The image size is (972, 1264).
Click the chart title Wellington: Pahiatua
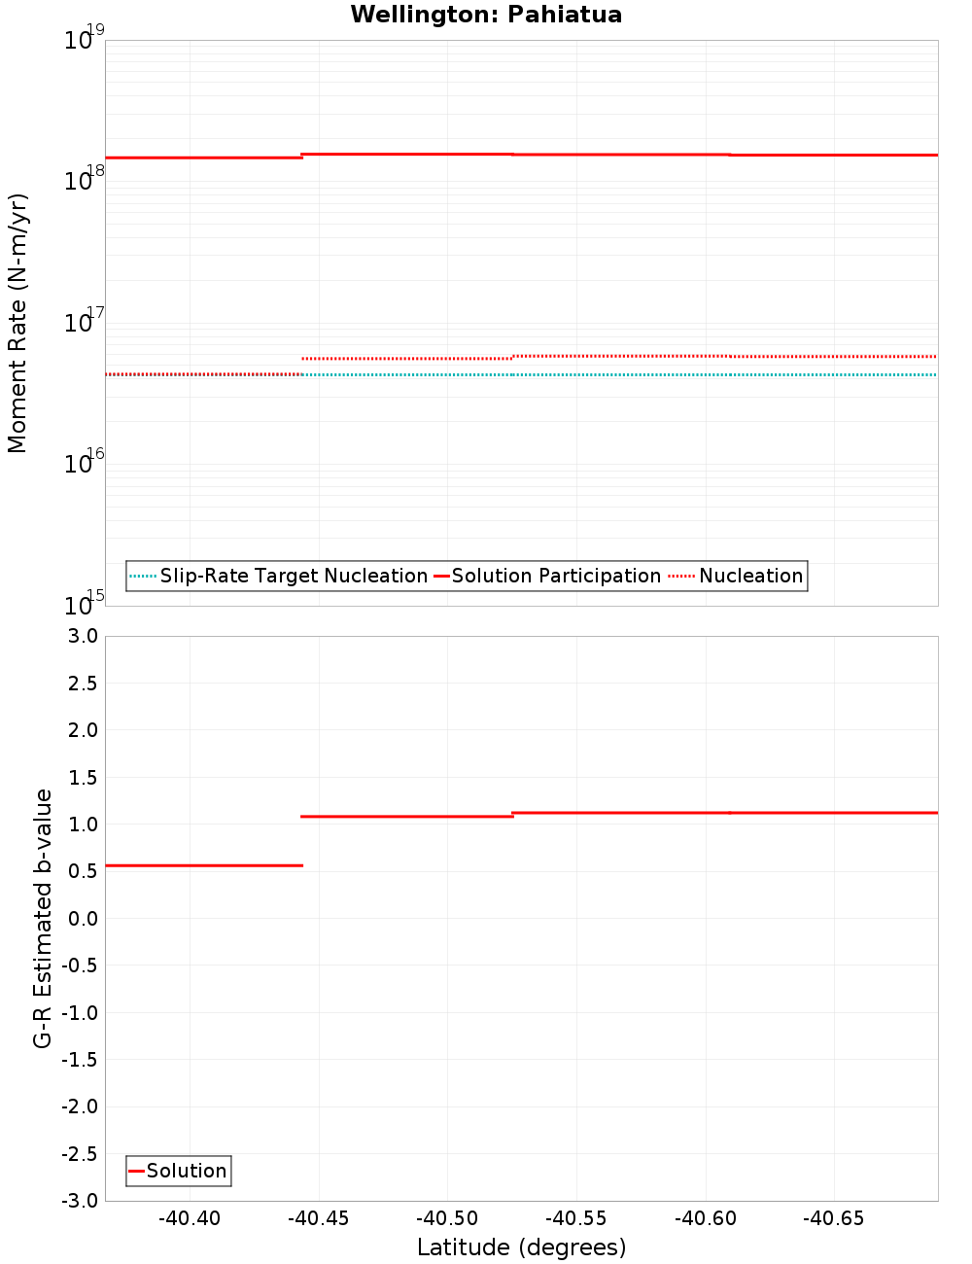(486, 15)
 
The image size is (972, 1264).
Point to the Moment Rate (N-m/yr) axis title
(17, 323)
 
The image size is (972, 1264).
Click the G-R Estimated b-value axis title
(43, 919)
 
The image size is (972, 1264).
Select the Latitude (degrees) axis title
(521, 1247)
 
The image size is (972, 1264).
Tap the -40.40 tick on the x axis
(190, 1218)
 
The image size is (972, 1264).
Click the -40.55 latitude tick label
(576, 1218)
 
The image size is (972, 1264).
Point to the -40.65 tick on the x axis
(834, 1218)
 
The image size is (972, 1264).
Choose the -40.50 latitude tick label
(447, 1218)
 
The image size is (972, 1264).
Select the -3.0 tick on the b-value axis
(80, 1201)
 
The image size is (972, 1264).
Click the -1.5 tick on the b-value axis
(80, 1060)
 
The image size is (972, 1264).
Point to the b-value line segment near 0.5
(204, 865)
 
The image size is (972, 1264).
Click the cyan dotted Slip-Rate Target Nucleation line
(622, 374)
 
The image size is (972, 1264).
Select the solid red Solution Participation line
(622, 155)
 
